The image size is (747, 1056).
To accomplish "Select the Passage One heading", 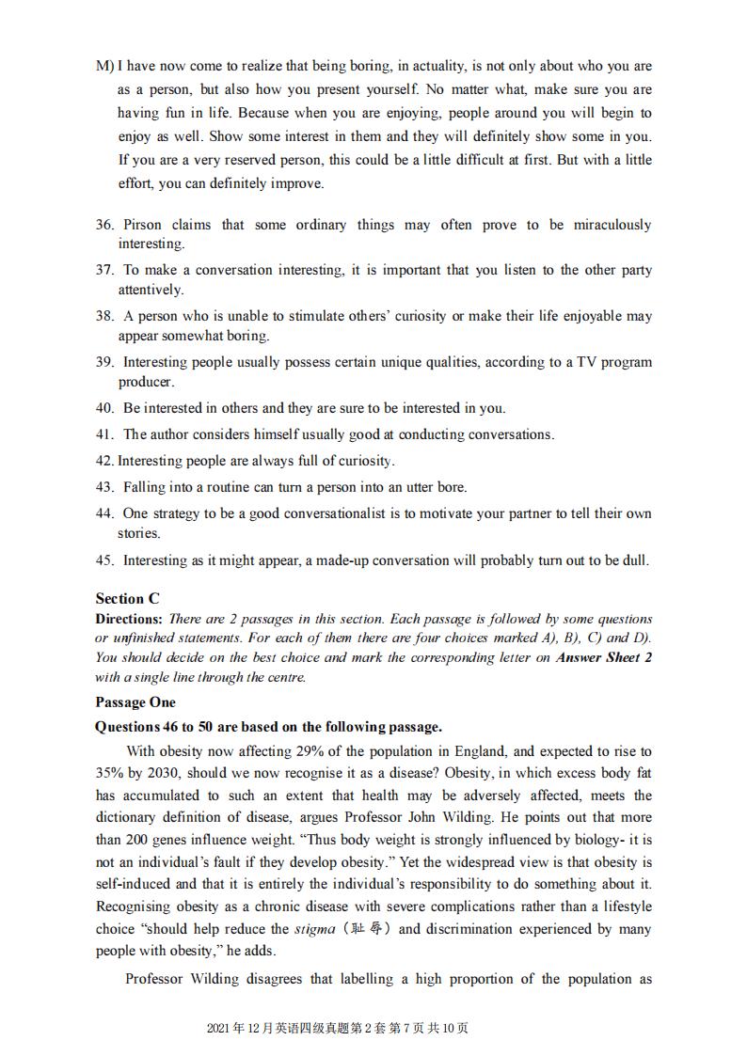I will [x=135, y=702].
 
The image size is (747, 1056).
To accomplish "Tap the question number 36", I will [x=104, y=225].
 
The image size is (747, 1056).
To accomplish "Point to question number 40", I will [x=104, y=408].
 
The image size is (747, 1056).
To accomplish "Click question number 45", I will [x=104, y=560].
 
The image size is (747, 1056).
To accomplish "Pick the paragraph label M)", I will [x=104, y=67].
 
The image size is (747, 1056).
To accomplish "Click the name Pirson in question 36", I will [x=142, y=225].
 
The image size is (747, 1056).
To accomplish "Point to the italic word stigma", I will [x=314, y=929].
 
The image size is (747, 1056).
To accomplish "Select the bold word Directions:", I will [x=129, y=619].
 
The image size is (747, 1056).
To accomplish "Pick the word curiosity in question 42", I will [x=361, y=461].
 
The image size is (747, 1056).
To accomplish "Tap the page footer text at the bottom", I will [x=337, y=1028].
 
